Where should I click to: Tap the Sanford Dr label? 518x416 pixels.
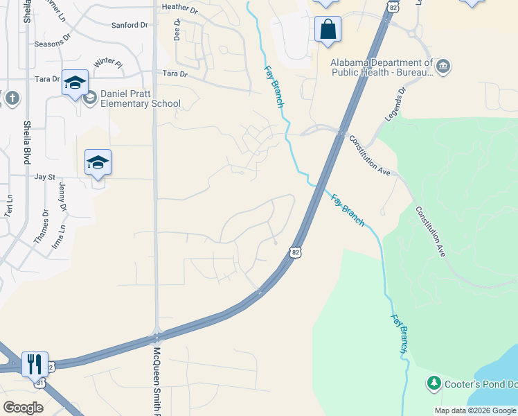point(129,25)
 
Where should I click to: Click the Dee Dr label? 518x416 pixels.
point(177,30)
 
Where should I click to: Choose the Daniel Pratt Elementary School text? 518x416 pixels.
point(141,99)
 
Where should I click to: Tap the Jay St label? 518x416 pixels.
point(44,177)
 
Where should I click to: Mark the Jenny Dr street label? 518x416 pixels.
point(63,198)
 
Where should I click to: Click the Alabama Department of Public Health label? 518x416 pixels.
point(382,67)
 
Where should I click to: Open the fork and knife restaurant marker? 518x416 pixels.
point(34,363)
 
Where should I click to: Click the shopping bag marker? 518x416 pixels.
point(328,29)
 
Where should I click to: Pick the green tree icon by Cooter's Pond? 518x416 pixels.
point(434,382)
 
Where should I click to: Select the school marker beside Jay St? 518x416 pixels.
point(98,163)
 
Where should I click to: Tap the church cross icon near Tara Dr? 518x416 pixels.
point(12,99)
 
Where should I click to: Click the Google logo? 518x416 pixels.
point(23,407)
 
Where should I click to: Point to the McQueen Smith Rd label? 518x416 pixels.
point(157,378)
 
